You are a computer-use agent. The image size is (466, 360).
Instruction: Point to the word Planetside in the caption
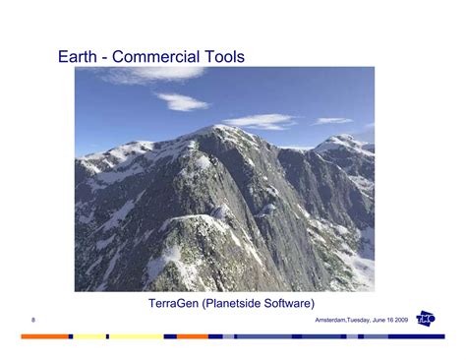coord(239,305)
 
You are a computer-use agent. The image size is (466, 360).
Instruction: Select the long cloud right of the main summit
coord(260,121)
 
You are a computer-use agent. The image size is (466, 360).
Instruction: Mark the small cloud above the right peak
coord(332,121)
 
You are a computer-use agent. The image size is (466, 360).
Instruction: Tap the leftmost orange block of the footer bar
coord(44,336)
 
